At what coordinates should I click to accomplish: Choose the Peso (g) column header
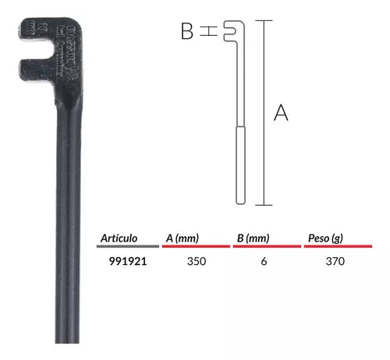click(x=323, y=238)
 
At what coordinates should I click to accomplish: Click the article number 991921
click(x=126, y=262)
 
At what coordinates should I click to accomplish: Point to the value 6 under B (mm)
click(x=264, y=262)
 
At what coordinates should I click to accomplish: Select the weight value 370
click(x=335, y=262)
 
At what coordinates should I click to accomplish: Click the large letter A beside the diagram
click(x=282, y=114)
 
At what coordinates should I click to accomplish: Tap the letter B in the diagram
click(x=187, y=31)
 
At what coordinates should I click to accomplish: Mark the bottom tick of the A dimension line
click(x=264, y=205)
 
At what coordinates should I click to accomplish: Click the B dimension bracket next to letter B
click(x=207, y=31)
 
